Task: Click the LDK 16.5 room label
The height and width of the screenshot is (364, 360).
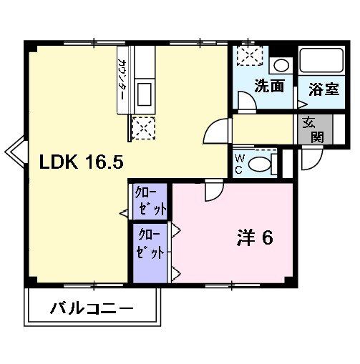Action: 82,163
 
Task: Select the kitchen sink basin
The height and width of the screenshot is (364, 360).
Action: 143,93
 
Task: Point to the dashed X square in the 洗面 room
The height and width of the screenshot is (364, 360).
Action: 249,55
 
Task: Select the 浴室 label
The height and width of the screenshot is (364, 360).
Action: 323,89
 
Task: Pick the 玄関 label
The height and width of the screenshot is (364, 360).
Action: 310,129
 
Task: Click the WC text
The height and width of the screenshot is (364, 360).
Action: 239,163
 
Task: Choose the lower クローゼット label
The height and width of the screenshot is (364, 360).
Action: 150,244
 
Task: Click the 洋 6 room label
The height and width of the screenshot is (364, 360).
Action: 254,238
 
